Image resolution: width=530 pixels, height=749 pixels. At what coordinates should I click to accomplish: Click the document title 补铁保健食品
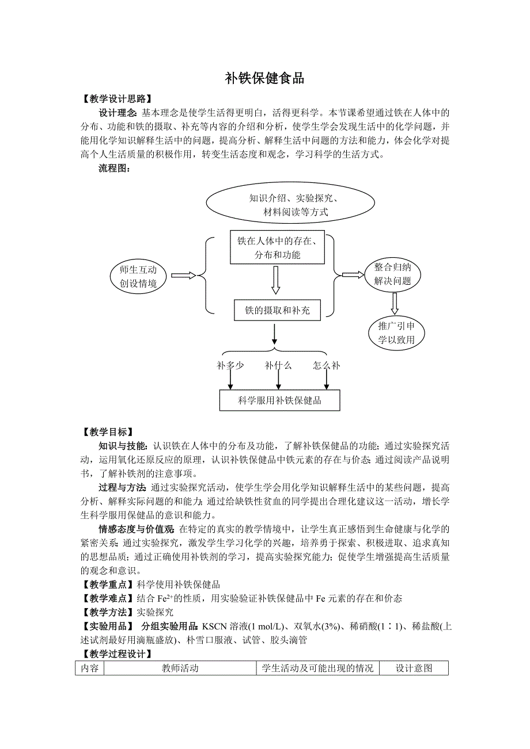click(264, 79)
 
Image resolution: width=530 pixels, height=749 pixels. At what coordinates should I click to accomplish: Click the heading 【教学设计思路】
click(117, 99)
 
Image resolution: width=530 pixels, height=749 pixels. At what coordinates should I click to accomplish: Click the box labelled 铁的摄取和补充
click(277, 311)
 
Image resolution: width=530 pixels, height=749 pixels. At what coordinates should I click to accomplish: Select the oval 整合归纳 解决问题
click(392, 274)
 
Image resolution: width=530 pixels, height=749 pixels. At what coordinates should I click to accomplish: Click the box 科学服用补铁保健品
click(279, 400)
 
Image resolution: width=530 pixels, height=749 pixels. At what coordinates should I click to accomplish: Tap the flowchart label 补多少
click(230, 365)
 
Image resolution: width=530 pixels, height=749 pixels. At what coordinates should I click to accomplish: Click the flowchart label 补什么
click(278, 365)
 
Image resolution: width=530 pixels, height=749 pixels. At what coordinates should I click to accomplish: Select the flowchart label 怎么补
click(327, 365)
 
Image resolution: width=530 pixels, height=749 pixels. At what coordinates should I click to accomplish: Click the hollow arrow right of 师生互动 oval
click(184, 276)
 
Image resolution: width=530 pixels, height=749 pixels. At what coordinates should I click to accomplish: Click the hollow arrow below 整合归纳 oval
click(394, 303)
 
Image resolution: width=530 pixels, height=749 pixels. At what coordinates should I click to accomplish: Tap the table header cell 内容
click(89, 668)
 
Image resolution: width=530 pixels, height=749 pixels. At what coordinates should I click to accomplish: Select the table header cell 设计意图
click(414, 668)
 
